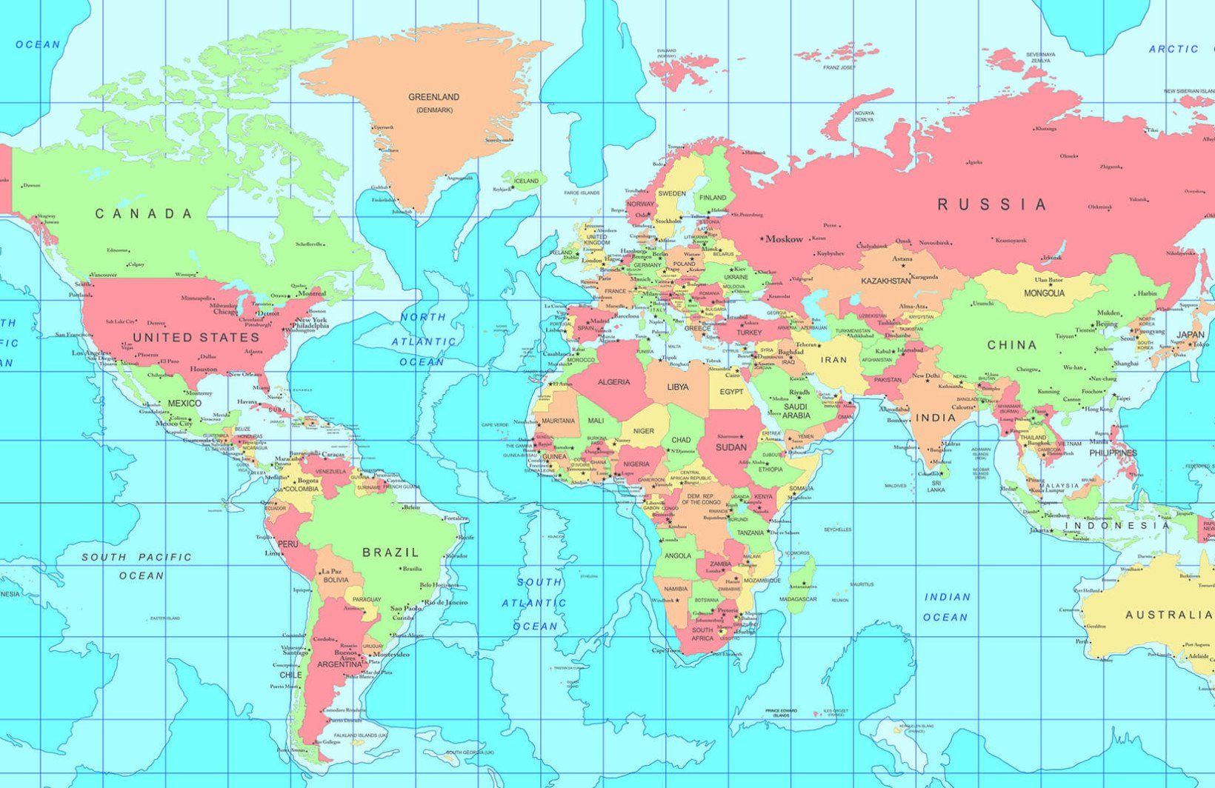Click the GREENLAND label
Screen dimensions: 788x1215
434,97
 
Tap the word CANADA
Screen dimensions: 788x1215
144,214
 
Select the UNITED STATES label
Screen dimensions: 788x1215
196,338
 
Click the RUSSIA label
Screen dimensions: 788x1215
993,204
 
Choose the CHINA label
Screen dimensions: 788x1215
1011,345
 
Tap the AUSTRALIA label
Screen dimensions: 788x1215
1169,615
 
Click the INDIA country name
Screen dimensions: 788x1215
936,418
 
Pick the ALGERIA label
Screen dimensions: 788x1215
613,382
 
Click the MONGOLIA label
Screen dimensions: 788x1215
1044,293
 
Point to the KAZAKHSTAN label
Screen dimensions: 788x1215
885,281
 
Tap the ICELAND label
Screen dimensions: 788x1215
526,181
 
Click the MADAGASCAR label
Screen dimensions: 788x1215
798,599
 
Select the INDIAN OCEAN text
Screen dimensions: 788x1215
946,607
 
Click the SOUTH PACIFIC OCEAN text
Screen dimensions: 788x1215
137,566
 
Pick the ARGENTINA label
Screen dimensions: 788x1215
339,665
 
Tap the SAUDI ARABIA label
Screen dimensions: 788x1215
796,411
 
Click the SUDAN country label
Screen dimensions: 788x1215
730,447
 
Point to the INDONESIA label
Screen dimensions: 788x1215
1116,526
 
